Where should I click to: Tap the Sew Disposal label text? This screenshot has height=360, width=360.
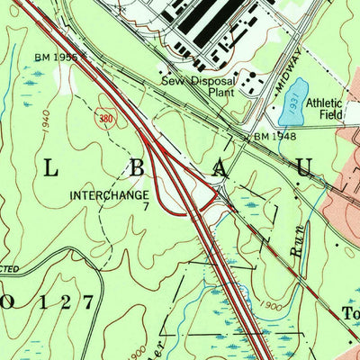(x=198, y=79)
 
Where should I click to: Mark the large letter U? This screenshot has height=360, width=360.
(x=305, y=167)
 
